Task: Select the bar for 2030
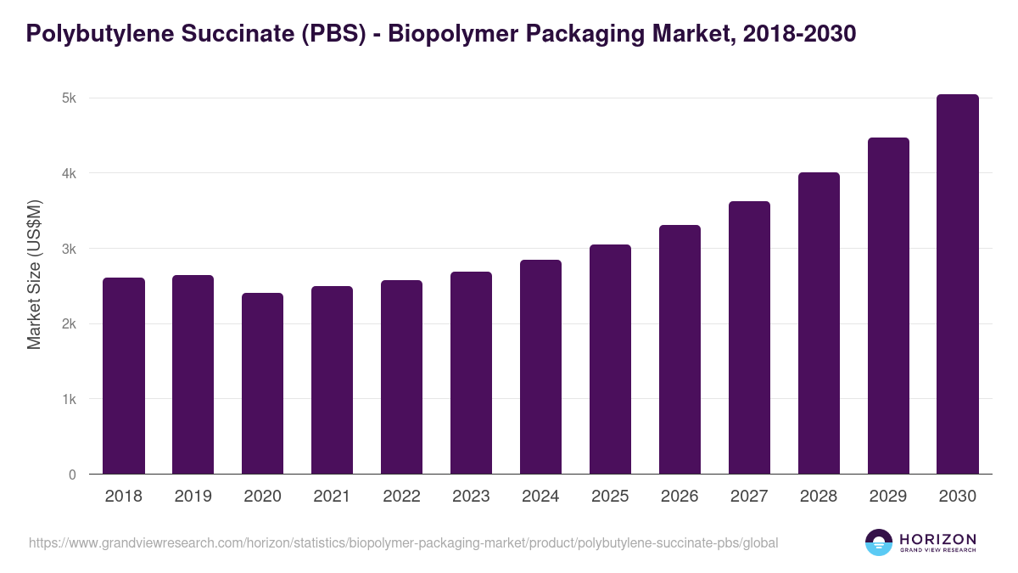pos(958,284)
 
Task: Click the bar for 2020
pos(262,384)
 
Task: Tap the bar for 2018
pos(124,376)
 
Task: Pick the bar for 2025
pos(610,359)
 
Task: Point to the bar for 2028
pos(819,323)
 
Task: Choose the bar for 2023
pos(471,373)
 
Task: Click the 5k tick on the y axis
pos(69,98)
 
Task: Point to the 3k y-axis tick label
pos(69,249)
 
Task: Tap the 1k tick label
pos(69,399)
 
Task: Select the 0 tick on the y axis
pos(73,475)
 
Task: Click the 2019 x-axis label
pos(193,497)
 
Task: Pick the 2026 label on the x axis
pos(680,497)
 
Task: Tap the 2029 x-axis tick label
pos(888,497)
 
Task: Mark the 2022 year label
pos(401,497)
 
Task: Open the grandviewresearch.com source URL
pos(403,542)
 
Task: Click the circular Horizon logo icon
pos(879,542)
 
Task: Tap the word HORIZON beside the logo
pos(937,538)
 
